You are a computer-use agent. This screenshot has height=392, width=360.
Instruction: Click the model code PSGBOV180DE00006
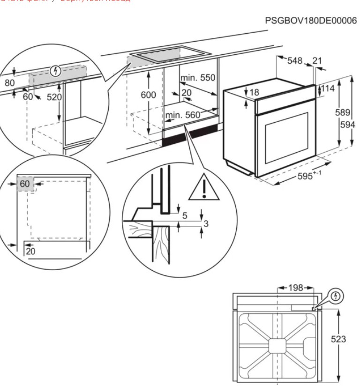[x=311, y=21]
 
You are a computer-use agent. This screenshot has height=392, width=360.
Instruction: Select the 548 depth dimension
[x=295, y=60]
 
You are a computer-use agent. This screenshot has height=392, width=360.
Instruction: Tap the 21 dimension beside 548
[x=317, y=60]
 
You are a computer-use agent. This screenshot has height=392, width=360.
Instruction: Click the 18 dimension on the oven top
[x=254, y=92]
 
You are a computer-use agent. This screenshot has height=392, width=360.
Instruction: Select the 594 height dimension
[x=347, y=125]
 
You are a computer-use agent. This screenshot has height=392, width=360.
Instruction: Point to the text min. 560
[x=182, y=115]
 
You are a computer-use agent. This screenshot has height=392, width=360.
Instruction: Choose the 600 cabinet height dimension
[x=148, y=95]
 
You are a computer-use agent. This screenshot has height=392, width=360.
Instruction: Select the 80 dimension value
[x=9, y=83]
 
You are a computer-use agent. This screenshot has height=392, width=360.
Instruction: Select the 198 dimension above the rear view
[x=295, y=288]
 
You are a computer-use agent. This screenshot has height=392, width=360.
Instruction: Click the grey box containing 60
[x=25, y=184]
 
